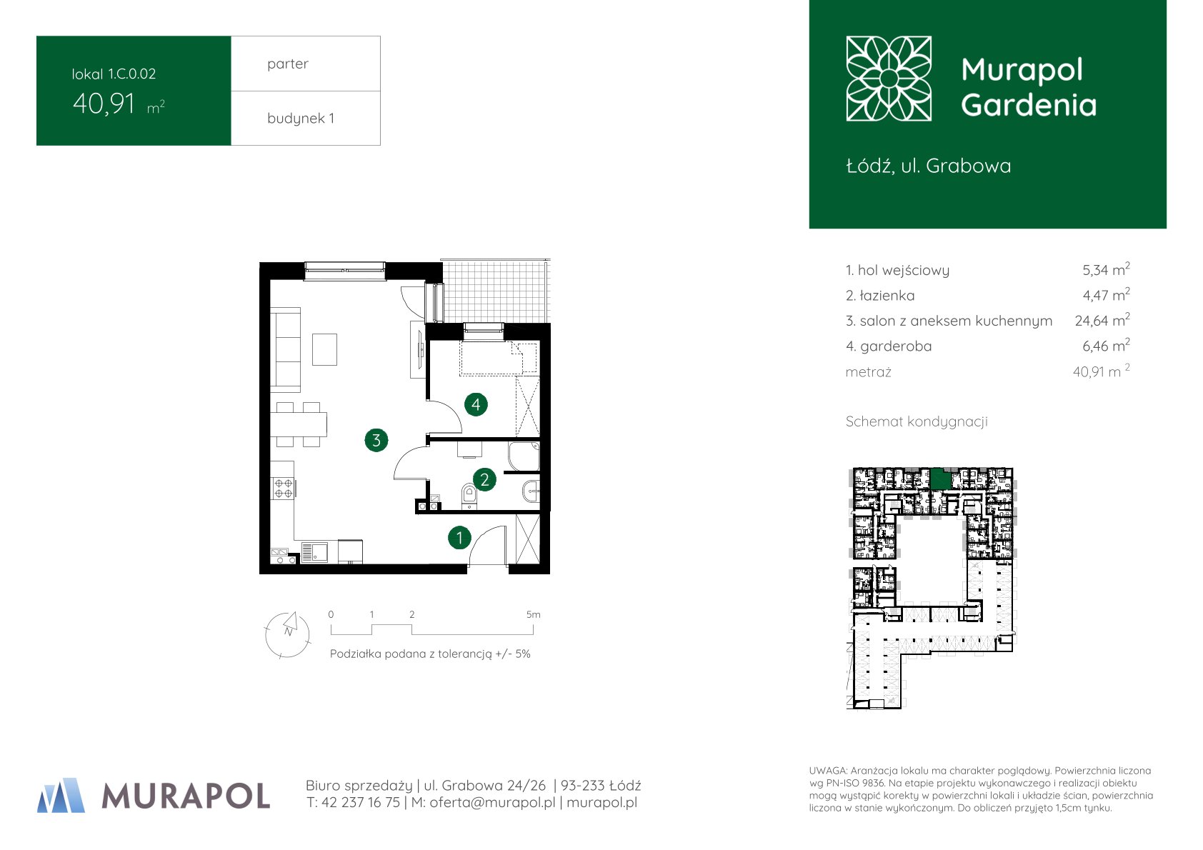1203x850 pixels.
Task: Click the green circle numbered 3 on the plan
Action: tap(376, 440)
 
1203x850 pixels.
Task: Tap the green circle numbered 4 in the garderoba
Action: tap(476, 404)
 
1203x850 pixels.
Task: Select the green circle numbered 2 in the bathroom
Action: tap(484, 479)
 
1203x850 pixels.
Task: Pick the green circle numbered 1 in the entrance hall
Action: tap(459, 537)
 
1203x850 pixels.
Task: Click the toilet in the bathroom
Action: tap(469, 496)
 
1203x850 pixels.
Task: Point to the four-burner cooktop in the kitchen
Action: tap(283, 489)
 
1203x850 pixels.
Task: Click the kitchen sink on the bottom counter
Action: tap(315, 553)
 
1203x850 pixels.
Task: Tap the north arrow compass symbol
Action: tap(288, 635)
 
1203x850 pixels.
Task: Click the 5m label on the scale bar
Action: tap(534, 615)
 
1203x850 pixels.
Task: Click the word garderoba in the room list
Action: tap(896, 346)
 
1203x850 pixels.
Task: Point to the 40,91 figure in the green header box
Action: tap(104, 104)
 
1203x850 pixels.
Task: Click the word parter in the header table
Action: tap(288, 64)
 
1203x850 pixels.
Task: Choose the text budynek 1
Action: tap(301, 118)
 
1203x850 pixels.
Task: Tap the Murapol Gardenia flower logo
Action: tap(889, 79)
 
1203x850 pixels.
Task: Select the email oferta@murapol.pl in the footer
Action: tap(492, 803)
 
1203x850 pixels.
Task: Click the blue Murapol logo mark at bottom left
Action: tap(61, 795)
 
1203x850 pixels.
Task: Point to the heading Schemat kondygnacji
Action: tap(917, 422)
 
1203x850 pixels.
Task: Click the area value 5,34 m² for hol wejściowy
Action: tap(1106, 269)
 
